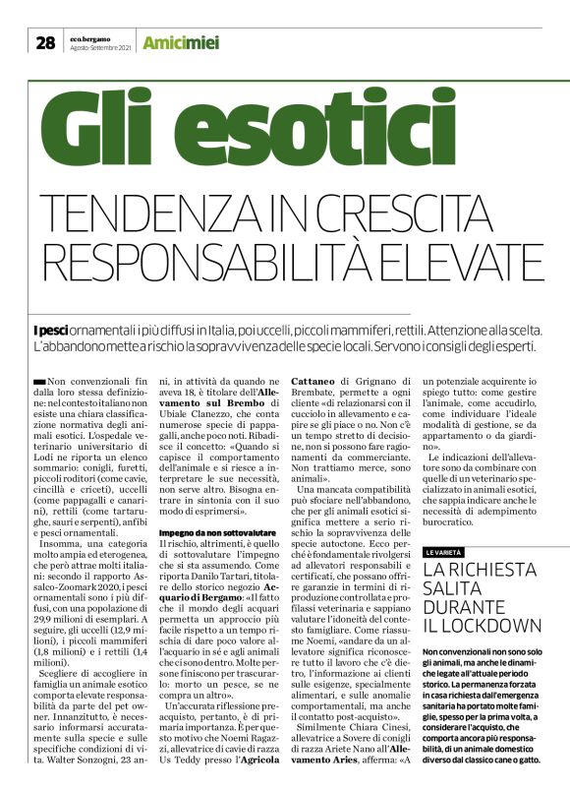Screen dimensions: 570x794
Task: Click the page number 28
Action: pyautogui.click(x=45, y=42)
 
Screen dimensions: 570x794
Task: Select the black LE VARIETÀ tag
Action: pyautogui.click(x=447, y=525)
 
